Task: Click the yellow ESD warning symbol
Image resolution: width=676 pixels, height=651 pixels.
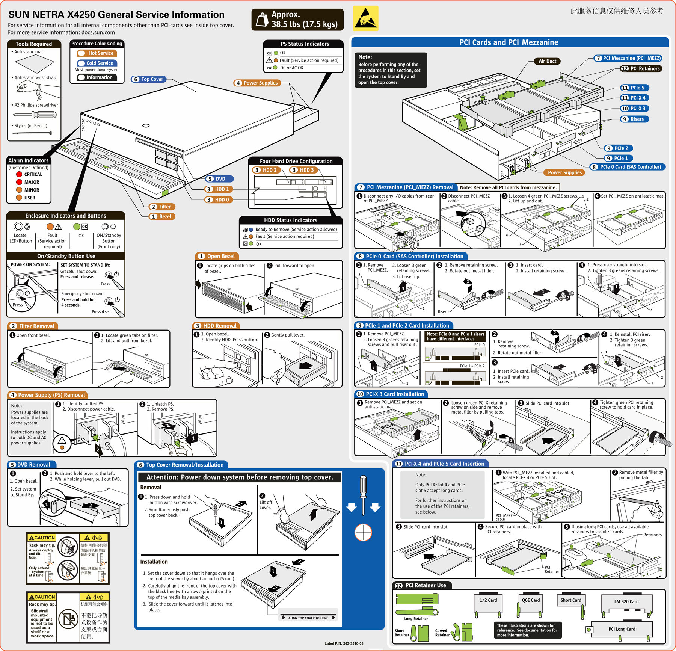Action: pyautogui.click(x=365, y=18)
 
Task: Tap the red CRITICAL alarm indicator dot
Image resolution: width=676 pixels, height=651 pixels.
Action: pyautogui.click(x=19, y=174)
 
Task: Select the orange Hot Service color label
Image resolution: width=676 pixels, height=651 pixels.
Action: pyautogui.click(x=97, y=53)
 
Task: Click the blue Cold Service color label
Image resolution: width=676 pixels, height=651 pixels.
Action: pyautogui.click(x=97, y=63)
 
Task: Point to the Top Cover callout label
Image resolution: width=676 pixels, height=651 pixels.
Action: pyautogui.click(x=149, y=79)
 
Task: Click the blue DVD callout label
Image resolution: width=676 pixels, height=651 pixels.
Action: pyautogui.click(x=220, y=179)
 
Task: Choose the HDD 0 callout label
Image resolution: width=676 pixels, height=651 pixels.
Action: pyautogui.click(x=219, y=200)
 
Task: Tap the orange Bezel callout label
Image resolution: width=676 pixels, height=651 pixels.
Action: pyautogui.click(x=162, y=216)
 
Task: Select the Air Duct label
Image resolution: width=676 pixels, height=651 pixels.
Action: pyautogui.click(x=547, y=61)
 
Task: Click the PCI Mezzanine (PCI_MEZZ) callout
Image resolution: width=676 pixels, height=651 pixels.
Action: pyautogui.click(x=628, y=58)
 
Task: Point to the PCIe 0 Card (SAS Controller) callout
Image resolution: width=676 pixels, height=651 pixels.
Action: pyautogui.click(x=627, y=167)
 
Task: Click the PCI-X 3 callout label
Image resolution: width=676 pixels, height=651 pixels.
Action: pyautogui.click(x=634, y=109)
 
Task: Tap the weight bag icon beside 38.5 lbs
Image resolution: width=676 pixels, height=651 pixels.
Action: pyautogui.click(x=262, y=20)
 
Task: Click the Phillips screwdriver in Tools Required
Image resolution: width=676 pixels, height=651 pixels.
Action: pyautogui.click(x=35, y=115)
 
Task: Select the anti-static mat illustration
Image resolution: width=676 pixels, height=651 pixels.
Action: pyautogui.click(x=35, y=64)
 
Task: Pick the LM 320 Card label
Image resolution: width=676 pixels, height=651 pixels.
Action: pyautogui.click(x=626, y=601)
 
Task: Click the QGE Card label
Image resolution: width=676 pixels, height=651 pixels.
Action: pyautogui.click(x=531, y=600)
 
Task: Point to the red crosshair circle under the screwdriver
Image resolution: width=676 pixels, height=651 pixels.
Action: pyautogui.click(x=363, y=532)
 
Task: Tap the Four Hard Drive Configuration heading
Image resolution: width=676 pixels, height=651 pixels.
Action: pyautogui.click(x=296, y=161)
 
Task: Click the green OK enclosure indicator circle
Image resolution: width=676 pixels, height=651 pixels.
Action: pyautogui.click(x=77, y=227)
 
